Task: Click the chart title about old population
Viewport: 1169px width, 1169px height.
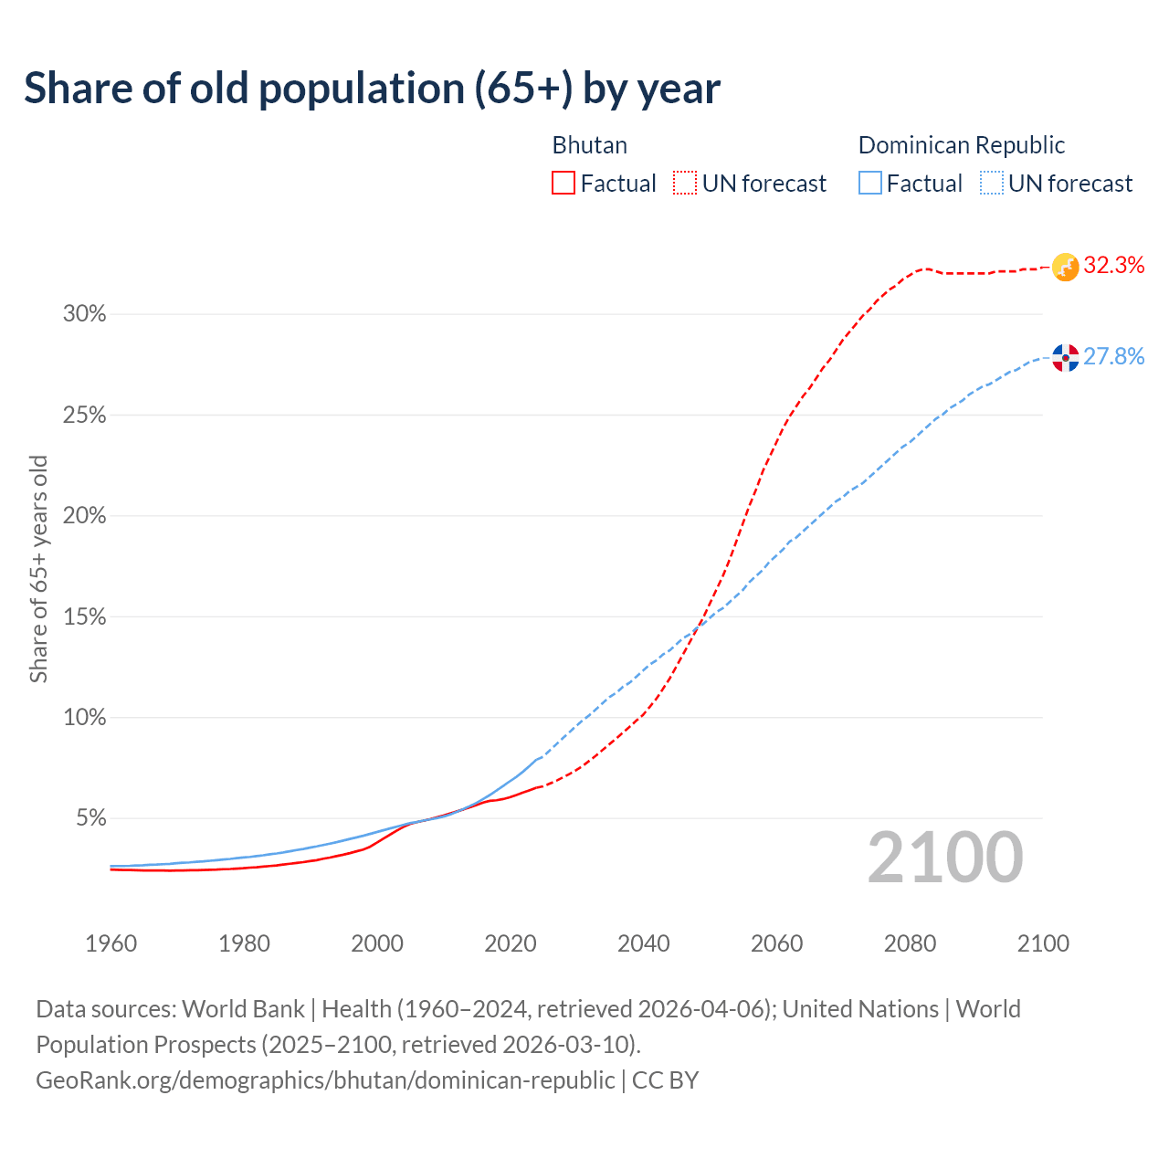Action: pyautogui.click(x=372, y=89)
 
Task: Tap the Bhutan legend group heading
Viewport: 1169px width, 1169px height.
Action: pyautogui.click(x=589, y=145)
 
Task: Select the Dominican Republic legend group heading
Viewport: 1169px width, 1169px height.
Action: pyautogui.click(x=961, y=145)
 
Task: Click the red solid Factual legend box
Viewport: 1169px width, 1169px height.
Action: pyautogui.click(x=563, y=184)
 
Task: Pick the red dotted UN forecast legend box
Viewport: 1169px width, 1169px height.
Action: pyautogui.click(x=685, y=184)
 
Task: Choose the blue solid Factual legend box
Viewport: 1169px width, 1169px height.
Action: pyautogui.click(x=870, y=184)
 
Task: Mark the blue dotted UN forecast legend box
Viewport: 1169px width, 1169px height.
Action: pyautogui.click(x=992, y=184)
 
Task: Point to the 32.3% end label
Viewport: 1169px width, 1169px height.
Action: pyautogui.click(x=1113, y=266)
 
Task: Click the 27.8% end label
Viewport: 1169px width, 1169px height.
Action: pyautogui.click(x=1113, y=356)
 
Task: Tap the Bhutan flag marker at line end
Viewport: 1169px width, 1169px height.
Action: pyautogui.click(x=1065, y=267)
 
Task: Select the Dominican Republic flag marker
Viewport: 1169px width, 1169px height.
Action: pyautogui.click(x=1065, y=357)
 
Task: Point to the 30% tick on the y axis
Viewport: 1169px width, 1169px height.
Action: pyautogui.click(x=84, y=314)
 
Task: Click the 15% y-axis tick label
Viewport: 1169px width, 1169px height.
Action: pyautogui.click(x=84, y=616)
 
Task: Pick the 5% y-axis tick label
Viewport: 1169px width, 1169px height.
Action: pyautogui.click(x=90, y=818)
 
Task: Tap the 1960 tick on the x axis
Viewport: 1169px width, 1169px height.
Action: pyautogui.click(x=111, y=943)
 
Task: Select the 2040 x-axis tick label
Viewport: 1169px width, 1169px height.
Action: pyautogui.click(x=643, y=943)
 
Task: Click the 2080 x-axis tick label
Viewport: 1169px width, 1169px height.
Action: pyautogui.click(x=910, y=943)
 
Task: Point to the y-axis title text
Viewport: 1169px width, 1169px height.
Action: pyautogui.click(x=38, y=568)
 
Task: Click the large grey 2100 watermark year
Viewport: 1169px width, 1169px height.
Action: pyautogui.click(x=944, y=858)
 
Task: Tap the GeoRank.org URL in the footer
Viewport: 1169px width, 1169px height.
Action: pyautogui.click(x=325, y=1079)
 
